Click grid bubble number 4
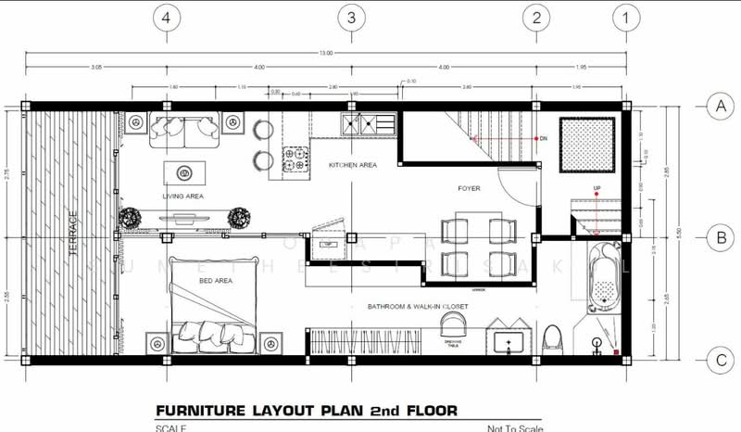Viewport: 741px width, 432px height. [x=166, y=17]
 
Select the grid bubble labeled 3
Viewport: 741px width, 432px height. [x=351, y=17]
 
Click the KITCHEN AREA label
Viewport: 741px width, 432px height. [x=353, y=164]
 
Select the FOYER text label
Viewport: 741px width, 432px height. [x=469, y=188]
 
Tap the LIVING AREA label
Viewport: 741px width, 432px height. [x=182, y=197]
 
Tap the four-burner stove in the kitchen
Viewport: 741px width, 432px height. [x=295, y=159]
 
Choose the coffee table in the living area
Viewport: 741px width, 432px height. [x=185, y=172]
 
